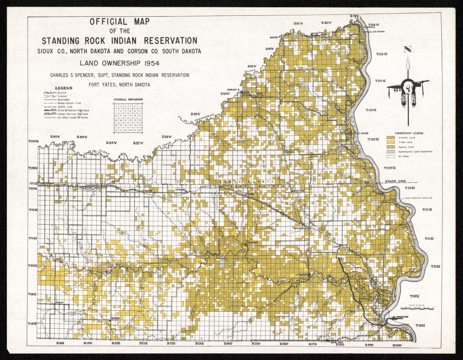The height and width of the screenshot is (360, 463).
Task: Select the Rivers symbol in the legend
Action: tap(48, 93)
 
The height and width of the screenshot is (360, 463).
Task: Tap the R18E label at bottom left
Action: tap(61, 344)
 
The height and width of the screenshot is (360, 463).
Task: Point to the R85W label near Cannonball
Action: tap(195, 115)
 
